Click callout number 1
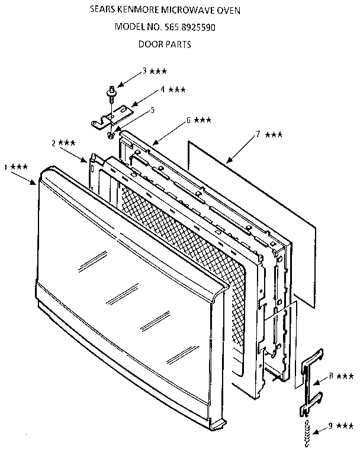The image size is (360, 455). [7, 168]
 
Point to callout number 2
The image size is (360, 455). [53, 143]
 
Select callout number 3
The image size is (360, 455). [144, 71]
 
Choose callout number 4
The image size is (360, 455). [162, 89]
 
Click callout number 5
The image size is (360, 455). [152, 110]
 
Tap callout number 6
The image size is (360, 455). [188, 120]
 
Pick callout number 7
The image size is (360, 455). [258, 134]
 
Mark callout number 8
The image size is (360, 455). [331, 375]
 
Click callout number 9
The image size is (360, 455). [331, 425]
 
